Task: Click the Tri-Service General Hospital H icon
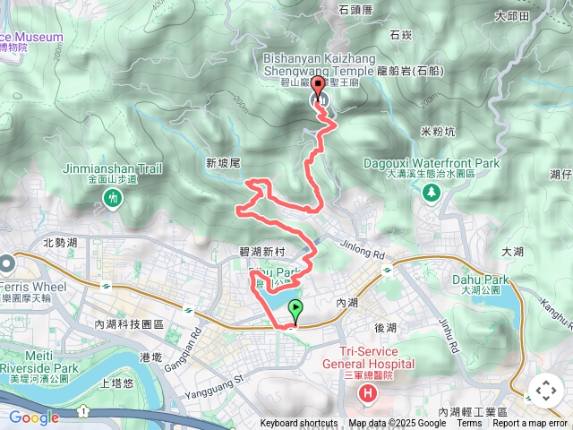click(x=367, y=392)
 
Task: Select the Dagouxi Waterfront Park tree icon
click(x=432, y=192)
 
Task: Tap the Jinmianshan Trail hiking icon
click(x=113, y=198)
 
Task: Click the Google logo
click(x=33, y=417)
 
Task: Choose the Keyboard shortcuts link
click(x=299, y=424)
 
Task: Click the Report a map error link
click(x=530, y=424)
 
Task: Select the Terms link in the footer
click(x=469, y=424)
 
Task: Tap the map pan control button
click(x=545, y=391)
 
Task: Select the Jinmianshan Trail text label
click(x=112, y=168)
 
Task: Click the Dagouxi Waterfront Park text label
click(x=432, y=163)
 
